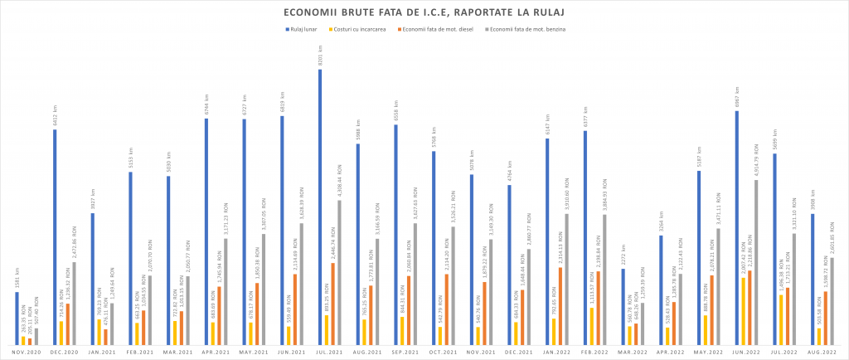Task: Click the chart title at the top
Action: [424, 12]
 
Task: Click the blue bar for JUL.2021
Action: [320, 207]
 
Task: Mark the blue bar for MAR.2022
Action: [623, 306]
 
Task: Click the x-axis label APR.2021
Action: [216, 353]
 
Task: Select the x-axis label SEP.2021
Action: [405, 353]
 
